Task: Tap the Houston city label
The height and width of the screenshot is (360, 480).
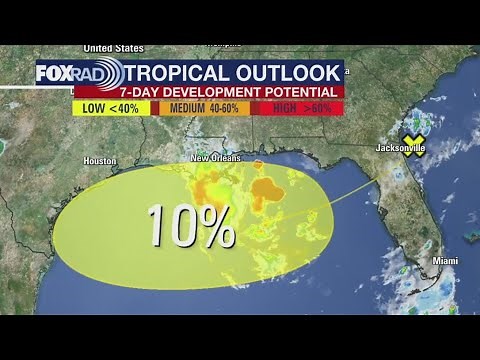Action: tap(101, 161)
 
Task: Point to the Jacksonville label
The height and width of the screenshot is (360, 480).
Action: tap(400, 149)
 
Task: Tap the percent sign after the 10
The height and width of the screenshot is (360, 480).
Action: tap(216, 225)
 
